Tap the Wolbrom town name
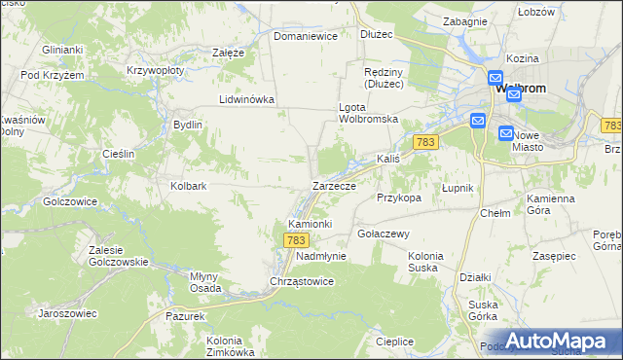click(521, 89)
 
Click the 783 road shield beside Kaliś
click(423, 142)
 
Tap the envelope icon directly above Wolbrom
click(495, 78)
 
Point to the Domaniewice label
click(305, 36)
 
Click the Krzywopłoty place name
click(157, 71)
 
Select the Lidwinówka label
click(247, 99)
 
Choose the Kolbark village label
click(189, 185)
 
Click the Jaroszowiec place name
click(67, 313)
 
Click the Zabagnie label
click(464, 20)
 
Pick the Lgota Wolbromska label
click(369, 112)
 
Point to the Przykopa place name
click(398, 197)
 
